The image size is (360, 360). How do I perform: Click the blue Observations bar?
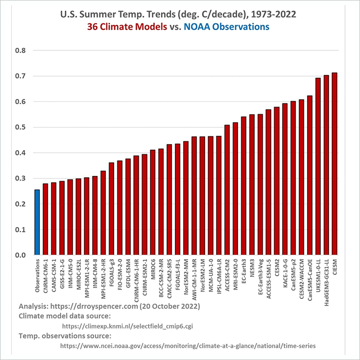(37, 222)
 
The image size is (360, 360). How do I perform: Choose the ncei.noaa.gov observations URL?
(188, 346)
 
